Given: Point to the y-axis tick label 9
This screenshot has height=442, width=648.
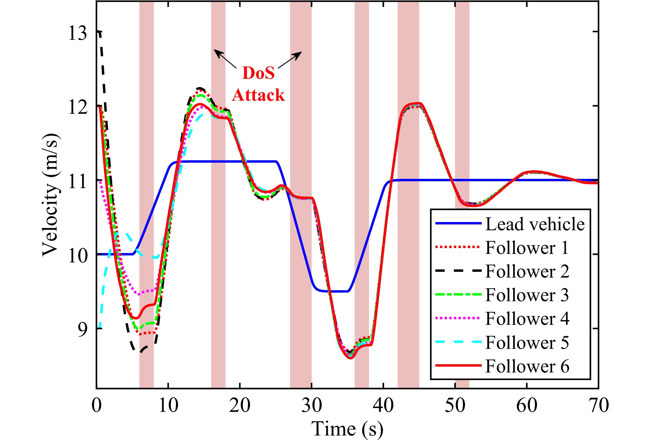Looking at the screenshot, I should click(x=83, y=330).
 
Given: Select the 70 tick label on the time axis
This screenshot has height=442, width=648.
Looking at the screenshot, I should click(x=599, y=405).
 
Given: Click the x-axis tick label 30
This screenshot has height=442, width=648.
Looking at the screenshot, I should click(x=311, y=405).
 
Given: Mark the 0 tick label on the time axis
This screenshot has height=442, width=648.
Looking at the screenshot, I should click(x=97, y=405).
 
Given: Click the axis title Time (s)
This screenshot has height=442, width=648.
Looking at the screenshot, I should click(x=347, y=429).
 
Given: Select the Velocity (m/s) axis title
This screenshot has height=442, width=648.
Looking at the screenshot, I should click(x=50, y=194).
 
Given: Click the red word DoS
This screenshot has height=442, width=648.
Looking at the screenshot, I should click(x=258, y=73).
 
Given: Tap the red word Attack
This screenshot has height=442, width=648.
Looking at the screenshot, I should click(x=258, y=95).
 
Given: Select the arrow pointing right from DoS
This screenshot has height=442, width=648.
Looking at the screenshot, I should click(x=290, y=60).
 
